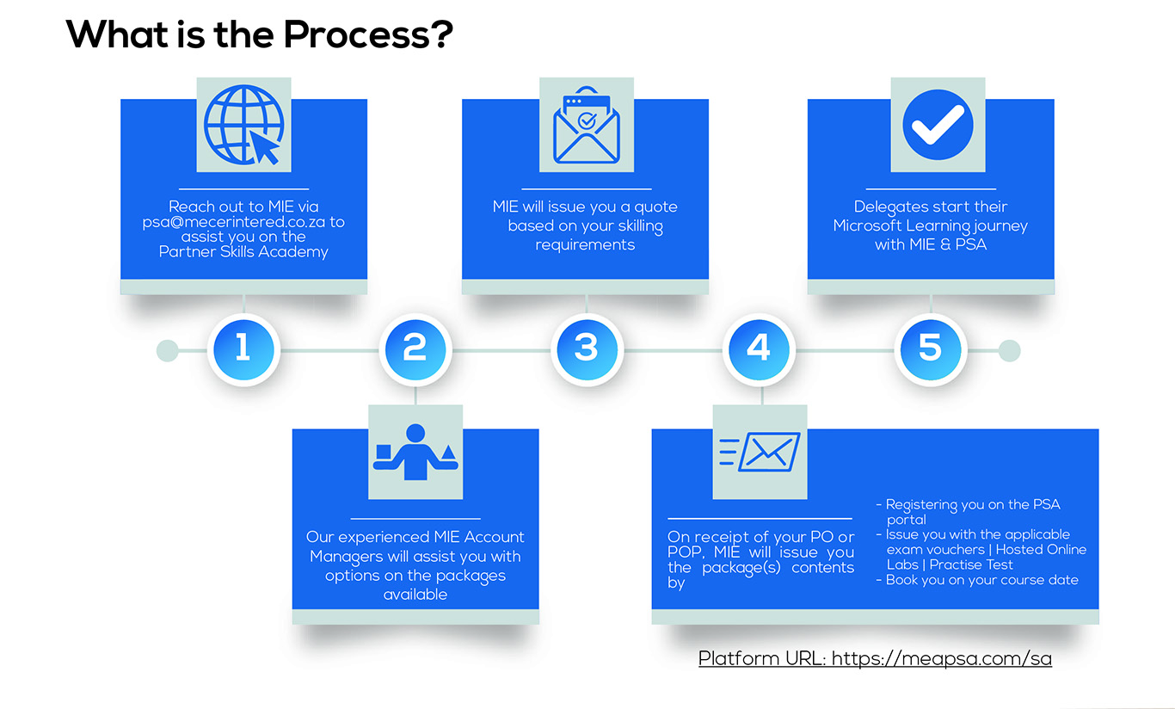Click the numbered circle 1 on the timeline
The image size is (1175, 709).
pyautogui.click(x=243, y=349)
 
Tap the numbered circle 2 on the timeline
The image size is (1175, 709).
pyautogui.click(x=415, y=349)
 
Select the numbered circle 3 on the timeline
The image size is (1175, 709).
pyautogui.click(x=587, y=349)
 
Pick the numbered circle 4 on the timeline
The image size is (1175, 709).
pyautogui.click(x=759, y=349)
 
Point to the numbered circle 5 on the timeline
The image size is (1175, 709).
pyautogui.click(x=930, y=349)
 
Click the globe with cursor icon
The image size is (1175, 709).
pyautogui.click(x=244, y=125)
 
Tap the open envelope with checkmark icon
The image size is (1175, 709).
pyautogui.click(x=587, y=125)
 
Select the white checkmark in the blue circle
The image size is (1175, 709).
pyautogui.click(x=938, y=125)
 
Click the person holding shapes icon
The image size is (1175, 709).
pyautogui.click(x=415, y=452)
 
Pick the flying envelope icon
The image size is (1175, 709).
pyautogui.click(x=760, y=452)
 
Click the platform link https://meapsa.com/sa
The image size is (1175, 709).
pyautogui.click(x=942, y=658)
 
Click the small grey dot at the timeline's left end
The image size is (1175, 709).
pyautogui.click(x=168, y=350)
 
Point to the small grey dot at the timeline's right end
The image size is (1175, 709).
pyautogui.click(x=1009, y=350)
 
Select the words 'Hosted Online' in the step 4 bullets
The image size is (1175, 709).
pyautogui.click(x=1041, y=550)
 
